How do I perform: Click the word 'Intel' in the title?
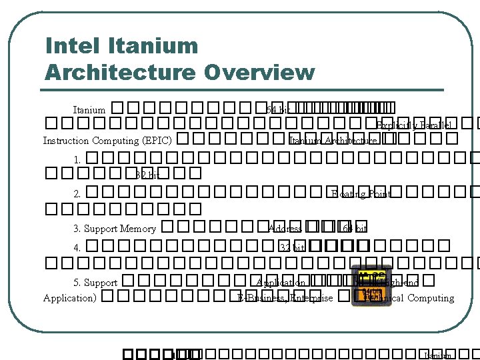pos(67,46)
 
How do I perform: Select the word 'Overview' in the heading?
pos(260,71)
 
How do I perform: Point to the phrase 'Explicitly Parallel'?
pos(413,125)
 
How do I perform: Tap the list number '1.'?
pos(78,159)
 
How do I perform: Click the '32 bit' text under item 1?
pos(148,175)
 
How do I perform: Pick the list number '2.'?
pos(78,194)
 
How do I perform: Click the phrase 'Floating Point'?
pos(361,194)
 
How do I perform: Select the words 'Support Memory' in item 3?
pos(120,229)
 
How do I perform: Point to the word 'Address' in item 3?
pos(285,229)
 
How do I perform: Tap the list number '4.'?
pos(78,247)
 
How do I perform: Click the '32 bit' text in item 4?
pos(293,247)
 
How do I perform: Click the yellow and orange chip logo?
pos(371,285)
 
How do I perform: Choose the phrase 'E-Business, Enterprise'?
pos(285,298)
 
